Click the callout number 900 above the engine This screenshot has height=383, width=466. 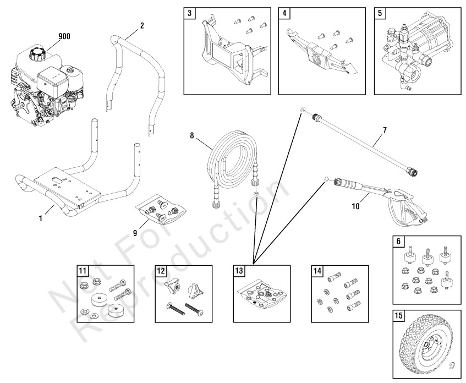pyautogui.click(x=65, y=37)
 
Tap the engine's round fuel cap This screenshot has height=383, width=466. pyautogui.click(x=39, y=55)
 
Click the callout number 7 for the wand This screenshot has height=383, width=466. pyautogui.click(x=385, y=131)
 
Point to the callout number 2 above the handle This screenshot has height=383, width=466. pyautogui.click(x=142, y=25)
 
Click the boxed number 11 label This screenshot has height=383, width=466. pyautogui.click(x=82, y=270)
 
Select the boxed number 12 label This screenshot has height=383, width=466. pyautogui.click(x=161, y=270)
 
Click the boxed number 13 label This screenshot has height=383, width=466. pyautogui.click(x=239, y=270)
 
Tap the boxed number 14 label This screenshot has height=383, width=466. pyautogui.click(x=317, y=270)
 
